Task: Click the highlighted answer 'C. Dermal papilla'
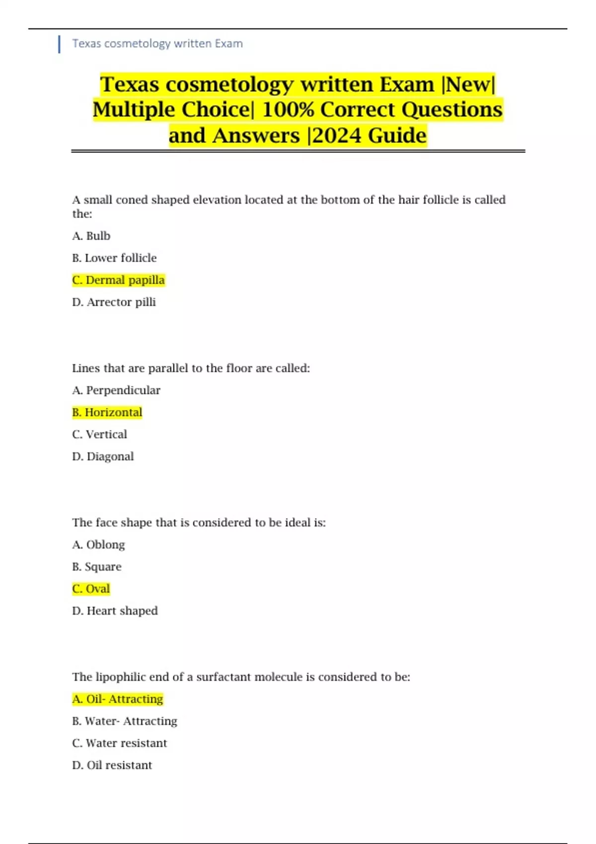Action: click(118, 280)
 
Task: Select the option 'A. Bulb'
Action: click(91, 236)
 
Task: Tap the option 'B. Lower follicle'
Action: click(114, 258)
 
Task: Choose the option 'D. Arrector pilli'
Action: click(114, 302)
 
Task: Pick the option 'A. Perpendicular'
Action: click(116, 390)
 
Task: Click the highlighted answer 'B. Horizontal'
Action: click(107, 412)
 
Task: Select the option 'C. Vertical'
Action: click(99, 434)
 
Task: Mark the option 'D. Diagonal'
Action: click(103, 456)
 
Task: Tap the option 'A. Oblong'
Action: click(98, 545)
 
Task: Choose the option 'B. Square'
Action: click(97, 566)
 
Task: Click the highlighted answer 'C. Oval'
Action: click(91, 589)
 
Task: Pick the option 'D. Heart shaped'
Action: click(115, 611)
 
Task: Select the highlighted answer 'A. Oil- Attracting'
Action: click(118, 699)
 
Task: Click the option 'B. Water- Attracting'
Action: click(125, 721)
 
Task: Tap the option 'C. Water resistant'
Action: click(120, 743)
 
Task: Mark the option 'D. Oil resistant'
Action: click(112, 765)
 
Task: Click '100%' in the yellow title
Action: click(289, 110)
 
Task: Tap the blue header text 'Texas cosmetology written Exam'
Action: click(157, 44)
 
